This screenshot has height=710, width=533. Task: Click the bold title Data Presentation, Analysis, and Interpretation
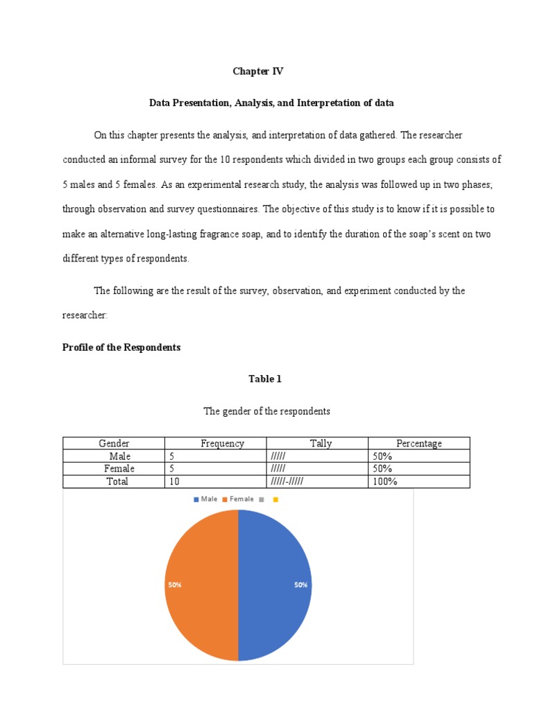pyautogui.click(x=271, y=103)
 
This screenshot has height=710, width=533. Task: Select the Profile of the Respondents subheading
pyautogui.click(x=121, y=347)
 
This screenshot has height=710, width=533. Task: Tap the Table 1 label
pyautogui.click(x=266, y=379)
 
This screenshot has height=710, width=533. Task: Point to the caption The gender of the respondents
pyautogui.click(x=266, y=411)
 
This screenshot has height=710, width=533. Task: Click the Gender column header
pyautogui.click(x=114, y=444)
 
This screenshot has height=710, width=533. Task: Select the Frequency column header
pyautogui.click(x=222, y=444)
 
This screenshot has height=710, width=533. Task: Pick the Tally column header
pyautogui.click(x=321, y=444)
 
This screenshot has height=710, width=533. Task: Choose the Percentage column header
pyautogui.click(x=418, y=444)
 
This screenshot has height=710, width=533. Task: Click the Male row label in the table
pyautogui.click(x=119, y=456)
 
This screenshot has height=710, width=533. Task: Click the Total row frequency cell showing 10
pyautogui.click(x=174, y=481)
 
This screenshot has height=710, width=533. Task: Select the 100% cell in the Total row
pyautogui.click(x=384, y=481)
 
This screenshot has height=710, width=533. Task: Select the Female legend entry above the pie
pyautogui.click(x=238, y=499)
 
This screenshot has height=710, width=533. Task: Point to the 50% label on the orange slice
pyautogui.click(x=174, y=585)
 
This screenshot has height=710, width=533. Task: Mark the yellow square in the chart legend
pyautogui.click(x=276, y=499)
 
